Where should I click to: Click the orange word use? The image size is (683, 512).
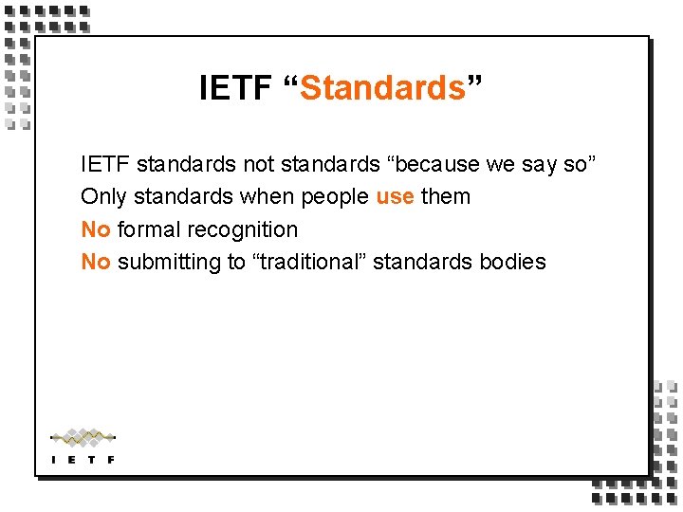[x=395, y=197]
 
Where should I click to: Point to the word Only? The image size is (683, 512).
[x=103, y=197]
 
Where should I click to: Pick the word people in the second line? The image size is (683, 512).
[x=340, y=197]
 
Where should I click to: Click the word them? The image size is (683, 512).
[x=446, y=197]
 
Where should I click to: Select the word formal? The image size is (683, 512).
[x=149, y=229]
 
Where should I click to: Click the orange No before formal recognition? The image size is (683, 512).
[x=96, y=229]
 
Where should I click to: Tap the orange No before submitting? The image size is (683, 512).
[x=96, y=262]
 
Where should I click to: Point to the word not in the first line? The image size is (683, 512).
[x=259, y=164]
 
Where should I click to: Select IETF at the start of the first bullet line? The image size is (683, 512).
[x=105, y=164]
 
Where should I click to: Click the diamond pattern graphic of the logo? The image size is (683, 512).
[x=83, y=437]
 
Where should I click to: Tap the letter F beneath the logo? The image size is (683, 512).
[x=111, y=460]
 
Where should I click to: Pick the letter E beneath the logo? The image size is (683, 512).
[x=72, y=460]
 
